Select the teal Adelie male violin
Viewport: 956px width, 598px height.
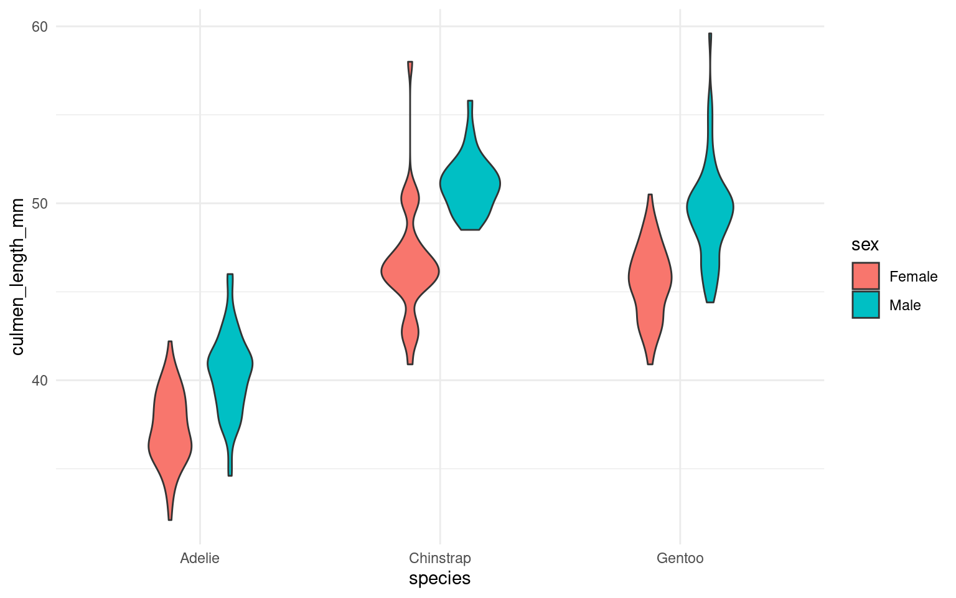click(x=230, y=374)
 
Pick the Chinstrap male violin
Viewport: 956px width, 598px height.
click(x=470, y=187)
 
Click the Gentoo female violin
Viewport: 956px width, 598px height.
click(x=650, y=280)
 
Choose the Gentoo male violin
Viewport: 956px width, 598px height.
click(x=710, y=212)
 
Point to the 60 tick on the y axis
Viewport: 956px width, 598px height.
click(x=40, y=27)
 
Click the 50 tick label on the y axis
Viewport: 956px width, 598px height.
click(x=40, y=204)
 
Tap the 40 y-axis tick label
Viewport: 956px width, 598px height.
click(x=40, y=381)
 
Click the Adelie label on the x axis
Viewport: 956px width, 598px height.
click(x=200, y=558)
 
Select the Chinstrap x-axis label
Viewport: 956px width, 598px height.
click(x=440, y=558)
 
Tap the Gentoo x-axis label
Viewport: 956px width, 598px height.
click(x=680, y=558)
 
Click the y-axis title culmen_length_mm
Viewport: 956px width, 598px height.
click(x=18, y=277)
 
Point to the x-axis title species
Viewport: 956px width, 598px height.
click(x=439, y=579)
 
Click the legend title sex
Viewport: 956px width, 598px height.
click(x=865, y=245)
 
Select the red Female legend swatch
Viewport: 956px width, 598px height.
click(x=866, y=276)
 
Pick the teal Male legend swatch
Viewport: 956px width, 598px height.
click(x=866, y=305)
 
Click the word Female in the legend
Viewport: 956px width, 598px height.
click(x=913, y=277)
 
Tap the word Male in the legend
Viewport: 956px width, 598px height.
click(x=905, y=305)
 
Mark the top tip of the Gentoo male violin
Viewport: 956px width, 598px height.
click(x=710, y=34)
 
